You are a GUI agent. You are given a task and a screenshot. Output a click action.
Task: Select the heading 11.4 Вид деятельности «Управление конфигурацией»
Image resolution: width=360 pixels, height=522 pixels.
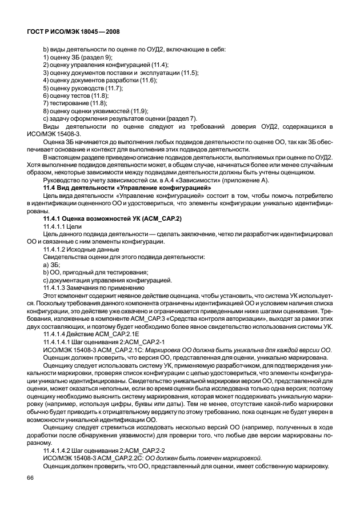127,188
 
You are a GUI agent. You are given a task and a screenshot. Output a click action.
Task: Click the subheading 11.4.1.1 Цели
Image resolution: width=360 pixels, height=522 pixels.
64,227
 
